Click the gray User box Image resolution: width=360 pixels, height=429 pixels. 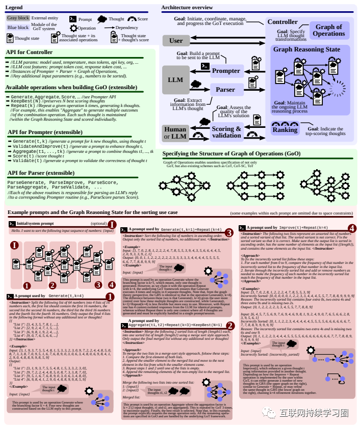[x=176, y=41]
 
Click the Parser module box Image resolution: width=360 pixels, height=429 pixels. [x=225, y=90]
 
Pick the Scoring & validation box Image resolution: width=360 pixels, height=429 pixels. [x=226, y=131]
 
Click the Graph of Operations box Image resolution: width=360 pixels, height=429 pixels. [x=328, y=31]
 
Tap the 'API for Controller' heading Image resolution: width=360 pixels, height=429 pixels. [x=29, y=52]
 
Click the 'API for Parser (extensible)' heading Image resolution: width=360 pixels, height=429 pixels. [x=41, y=173]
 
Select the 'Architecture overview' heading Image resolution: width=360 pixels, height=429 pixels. [x=187, y=8]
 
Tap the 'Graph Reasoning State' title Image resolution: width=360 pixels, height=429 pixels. [x=307, y=49]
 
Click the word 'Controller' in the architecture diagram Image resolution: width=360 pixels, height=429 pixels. [x=282, y=22]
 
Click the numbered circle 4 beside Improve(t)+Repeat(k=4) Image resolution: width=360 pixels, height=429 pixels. [x=351, y=228]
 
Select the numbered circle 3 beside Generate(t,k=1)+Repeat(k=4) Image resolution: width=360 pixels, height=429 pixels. [x=229, y=233]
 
